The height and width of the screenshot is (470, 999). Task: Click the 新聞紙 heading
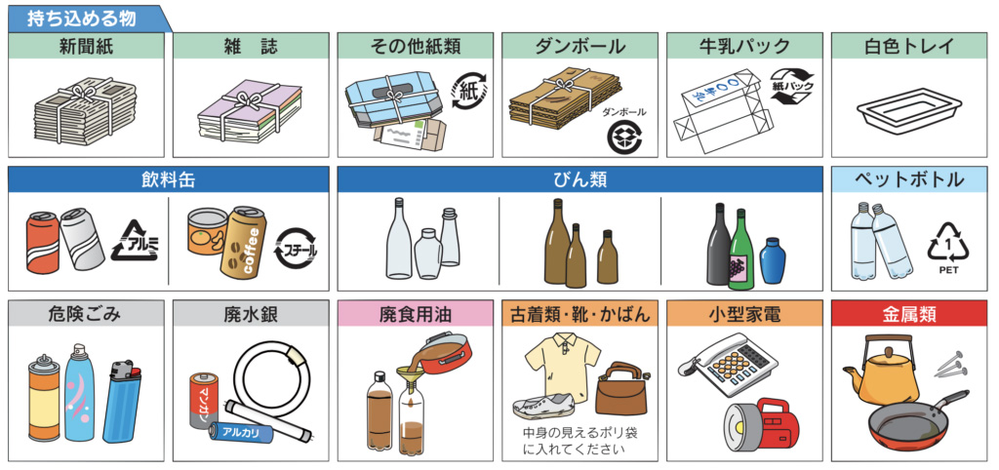click(86, 46)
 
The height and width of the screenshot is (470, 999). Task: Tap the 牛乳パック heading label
click(743, 46)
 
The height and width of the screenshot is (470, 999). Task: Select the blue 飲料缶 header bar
click(169, 179)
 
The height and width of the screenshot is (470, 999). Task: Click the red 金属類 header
click(910, 314)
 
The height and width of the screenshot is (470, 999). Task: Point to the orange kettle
click(875, 372)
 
